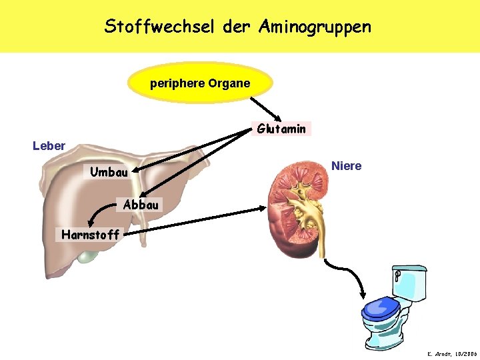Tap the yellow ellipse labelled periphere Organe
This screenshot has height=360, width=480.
[200, 84]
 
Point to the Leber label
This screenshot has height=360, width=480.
[49, 145]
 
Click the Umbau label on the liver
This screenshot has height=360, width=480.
[109, 173]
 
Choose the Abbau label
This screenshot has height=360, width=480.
[141, 205]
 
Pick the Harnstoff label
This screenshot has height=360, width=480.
[90, 234]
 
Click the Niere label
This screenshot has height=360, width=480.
[347, 166]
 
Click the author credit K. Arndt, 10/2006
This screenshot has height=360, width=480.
[451, 353]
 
